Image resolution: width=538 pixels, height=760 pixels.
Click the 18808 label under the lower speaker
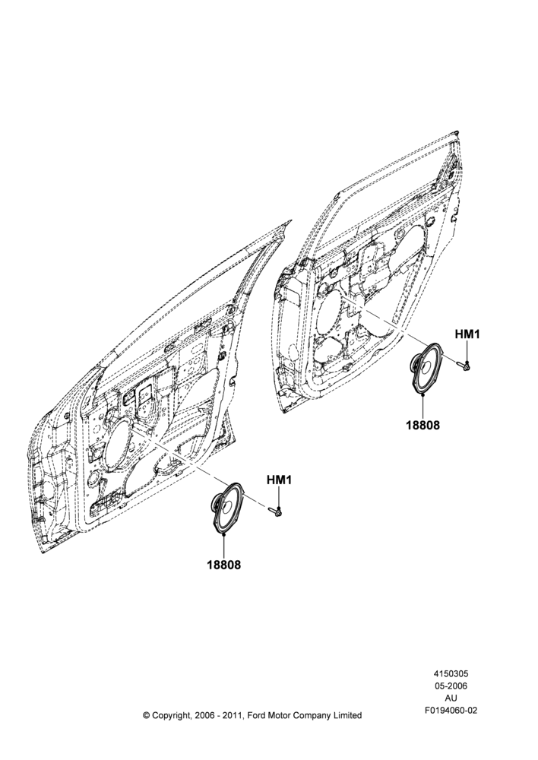click(x=224, y=565)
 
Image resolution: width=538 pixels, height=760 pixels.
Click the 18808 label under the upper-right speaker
click(x=422, y=425)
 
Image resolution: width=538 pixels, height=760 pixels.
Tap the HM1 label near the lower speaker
click(x=279, y=480)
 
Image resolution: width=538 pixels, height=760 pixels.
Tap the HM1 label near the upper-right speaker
click(x=467, y=334)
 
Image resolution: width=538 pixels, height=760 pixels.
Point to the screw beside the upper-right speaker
click(x=464, y=366)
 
